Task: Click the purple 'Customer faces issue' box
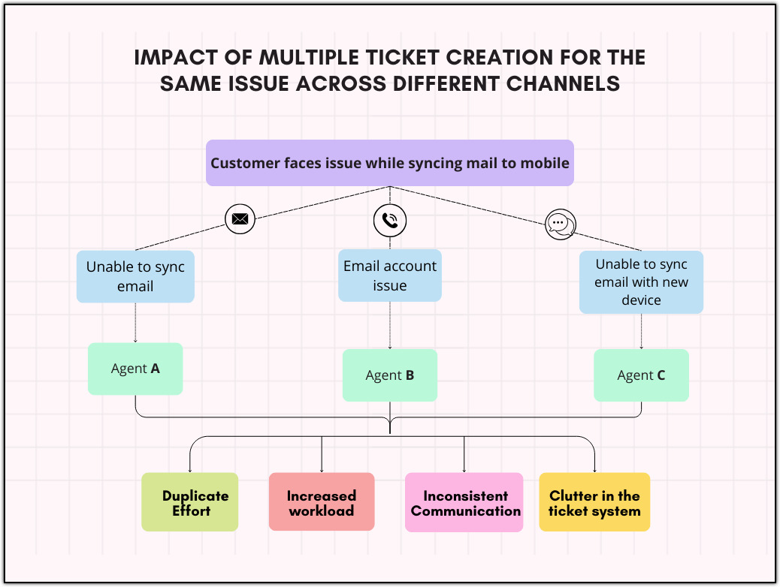[389, 163]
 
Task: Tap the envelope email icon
[240, 219]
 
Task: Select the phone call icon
[389, 220]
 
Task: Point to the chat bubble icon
[560, 224]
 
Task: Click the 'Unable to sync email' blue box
[135, 276]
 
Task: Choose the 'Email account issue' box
[389, 275]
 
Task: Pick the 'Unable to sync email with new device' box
[641, 281]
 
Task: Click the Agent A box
[135, 369]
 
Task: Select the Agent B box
[389, 375]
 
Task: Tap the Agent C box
[641, 375]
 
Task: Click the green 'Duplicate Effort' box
[190, 502]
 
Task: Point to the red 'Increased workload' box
[322, 502]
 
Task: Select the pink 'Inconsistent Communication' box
[464, 502]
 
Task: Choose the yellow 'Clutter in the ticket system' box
[594, 502]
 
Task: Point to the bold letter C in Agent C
[661, 375]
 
